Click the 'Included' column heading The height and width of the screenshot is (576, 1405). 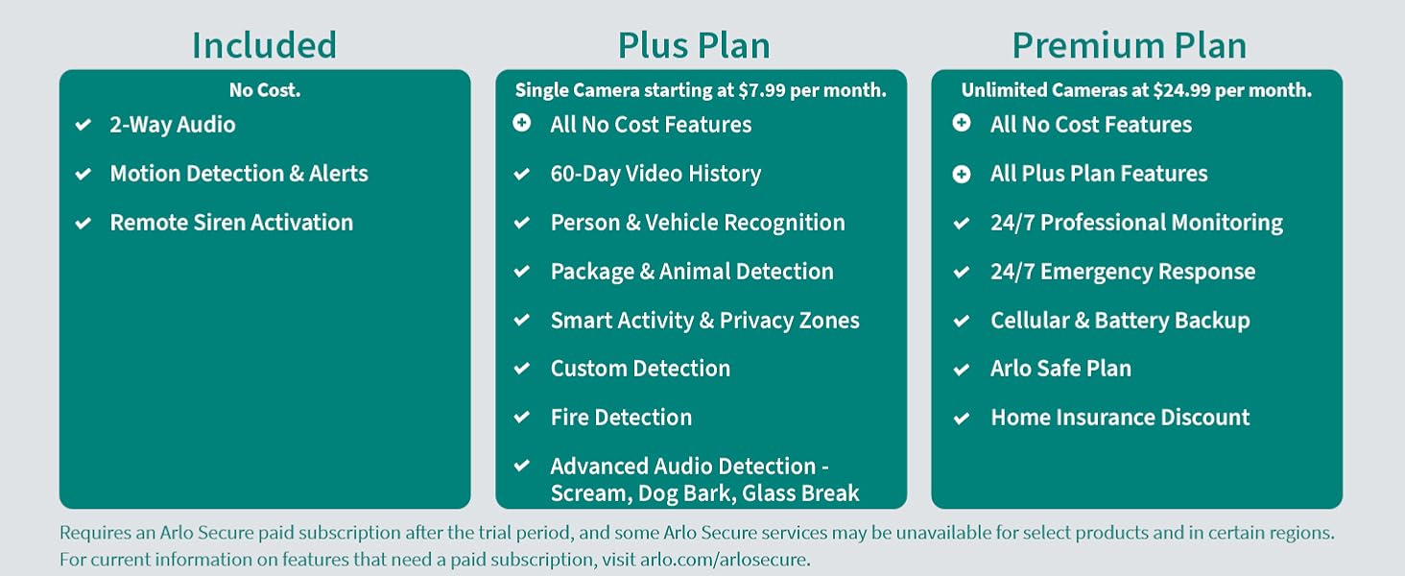264,45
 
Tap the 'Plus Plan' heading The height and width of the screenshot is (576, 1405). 694,45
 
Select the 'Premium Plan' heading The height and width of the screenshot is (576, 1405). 1130,45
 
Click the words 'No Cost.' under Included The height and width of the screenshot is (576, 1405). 265,90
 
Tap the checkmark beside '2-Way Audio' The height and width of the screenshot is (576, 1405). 83,125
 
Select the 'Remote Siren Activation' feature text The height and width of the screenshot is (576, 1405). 231,223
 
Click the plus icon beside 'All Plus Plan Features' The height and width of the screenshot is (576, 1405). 962,174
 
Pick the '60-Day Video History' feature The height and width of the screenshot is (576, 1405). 655,174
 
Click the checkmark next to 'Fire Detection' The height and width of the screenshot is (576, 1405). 522,418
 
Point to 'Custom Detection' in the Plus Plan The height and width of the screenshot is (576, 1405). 640,369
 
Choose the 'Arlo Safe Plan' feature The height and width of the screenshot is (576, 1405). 1060,369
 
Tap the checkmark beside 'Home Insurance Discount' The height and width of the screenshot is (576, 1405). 962,419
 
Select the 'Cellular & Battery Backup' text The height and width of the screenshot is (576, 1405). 1120,321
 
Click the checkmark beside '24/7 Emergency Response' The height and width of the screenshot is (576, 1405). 962,273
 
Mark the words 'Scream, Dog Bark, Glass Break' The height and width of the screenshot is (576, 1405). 704,493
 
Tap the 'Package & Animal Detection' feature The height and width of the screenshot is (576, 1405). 692,272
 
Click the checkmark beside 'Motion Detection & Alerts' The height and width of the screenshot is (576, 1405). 83,174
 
